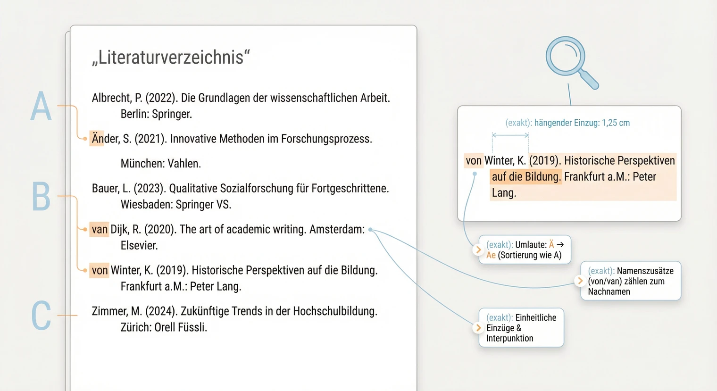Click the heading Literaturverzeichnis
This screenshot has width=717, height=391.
coord(171,58)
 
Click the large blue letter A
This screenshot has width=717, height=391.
coord(41,107)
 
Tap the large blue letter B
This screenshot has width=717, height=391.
coord(41,196)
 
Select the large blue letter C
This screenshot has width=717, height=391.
coord(41,315)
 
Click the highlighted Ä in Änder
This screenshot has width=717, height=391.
coord(97,139)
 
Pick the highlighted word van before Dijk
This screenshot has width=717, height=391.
coord(100,229)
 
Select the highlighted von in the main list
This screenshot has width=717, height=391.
coord(100,270)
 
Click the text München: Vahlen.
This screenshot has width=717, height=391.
coord(161,164)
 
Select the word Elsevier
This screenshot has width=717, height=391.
coord(139,246)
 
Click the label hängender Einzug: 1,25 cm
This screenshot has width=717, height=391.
coord(582,123)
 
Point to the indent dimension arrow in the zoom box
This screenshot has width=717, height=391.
coord(510,135)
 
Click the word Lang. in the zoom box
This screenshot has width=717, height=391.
coord(504,193)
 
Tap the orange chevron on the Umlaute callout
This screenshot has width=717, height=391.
coord(479,250)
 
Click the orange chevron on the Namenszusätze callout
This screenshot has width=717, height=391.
coord(580,281)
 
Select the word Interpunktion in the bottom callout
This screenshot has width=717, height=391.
coord(509,339)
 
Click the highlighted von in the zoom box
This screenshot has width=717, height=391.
coord(474,161)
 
